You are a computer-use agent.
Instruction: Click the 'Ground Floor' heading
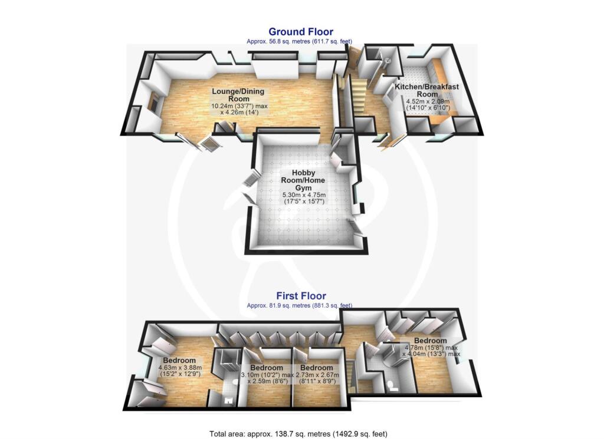[301, 32]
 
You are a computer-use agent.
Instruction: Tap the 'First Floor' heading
[301, 296]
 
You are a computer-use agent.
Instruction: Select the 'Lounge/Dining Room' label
[238, 95]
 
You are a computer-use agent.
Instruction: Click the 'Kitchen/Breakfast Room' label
[428, 90]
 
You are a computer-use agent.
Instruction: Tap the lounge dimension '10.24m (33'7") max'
[239, 107]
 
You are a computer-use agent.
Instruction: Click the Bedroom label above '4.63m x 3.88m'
[179, 361]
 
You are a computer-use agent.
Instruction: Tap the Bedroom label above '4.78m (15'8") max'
[430, 341]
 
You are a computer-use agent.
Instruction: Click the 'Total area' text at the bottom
[298, 434]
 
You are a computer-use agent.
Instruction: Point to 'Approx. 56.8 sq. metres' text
[301, 42]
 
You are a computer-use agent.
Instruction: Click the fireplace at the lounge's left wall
[153, 103]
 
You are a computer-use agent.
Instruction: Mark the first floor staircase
[352, 377]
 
